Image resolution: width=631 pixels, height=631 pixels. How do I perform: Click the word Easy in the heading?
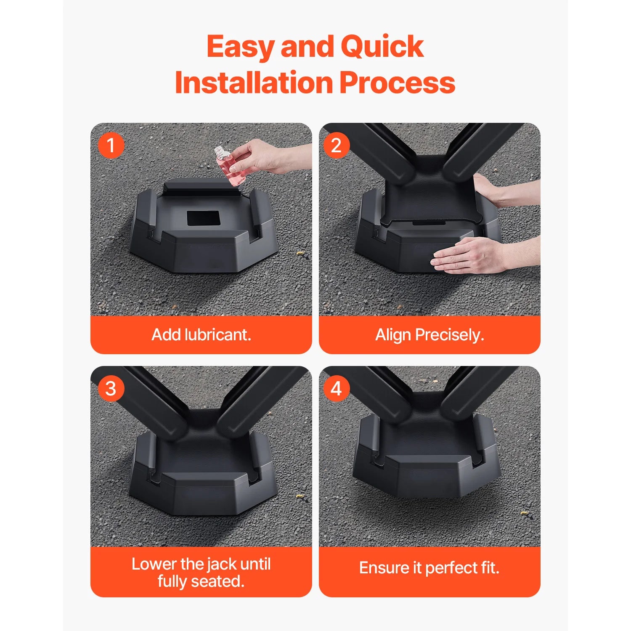click(241, 47)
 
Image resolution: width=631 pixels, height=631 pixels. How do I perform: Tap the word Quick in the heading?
click(382, 47)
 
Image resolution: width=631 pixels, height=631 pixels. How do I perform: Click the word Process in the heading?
click(397, 83)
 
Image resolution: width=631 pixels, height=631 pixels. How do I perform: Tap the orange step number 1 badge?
click(111, 146)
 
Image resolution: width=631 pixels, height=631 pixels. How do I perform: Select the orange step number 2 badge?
click(336, 146)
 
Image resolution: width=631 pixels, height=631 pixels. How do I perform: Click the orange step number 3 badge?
click(111, 388)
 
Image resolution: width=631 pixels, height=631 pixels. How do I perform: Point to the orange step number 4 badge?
click(336, 388)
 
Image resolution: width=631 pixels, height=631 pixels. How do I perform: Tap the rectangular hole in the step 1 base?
click(203, 218)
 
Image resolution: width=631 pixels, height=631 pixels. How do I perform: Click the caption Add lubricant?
click(201, 335)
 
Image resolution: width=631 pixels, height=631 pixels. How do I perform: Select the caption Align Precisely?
click(430, 335)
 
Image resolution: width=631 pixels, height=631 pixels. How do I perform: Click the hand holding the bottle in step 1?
click(261, 158)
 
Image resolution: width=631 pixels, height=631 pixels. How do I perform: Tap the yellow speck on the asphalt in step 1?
click(300, 253)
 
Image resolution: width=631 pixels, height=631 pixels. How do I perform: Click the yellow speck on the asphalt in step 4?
click(524, 513)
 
